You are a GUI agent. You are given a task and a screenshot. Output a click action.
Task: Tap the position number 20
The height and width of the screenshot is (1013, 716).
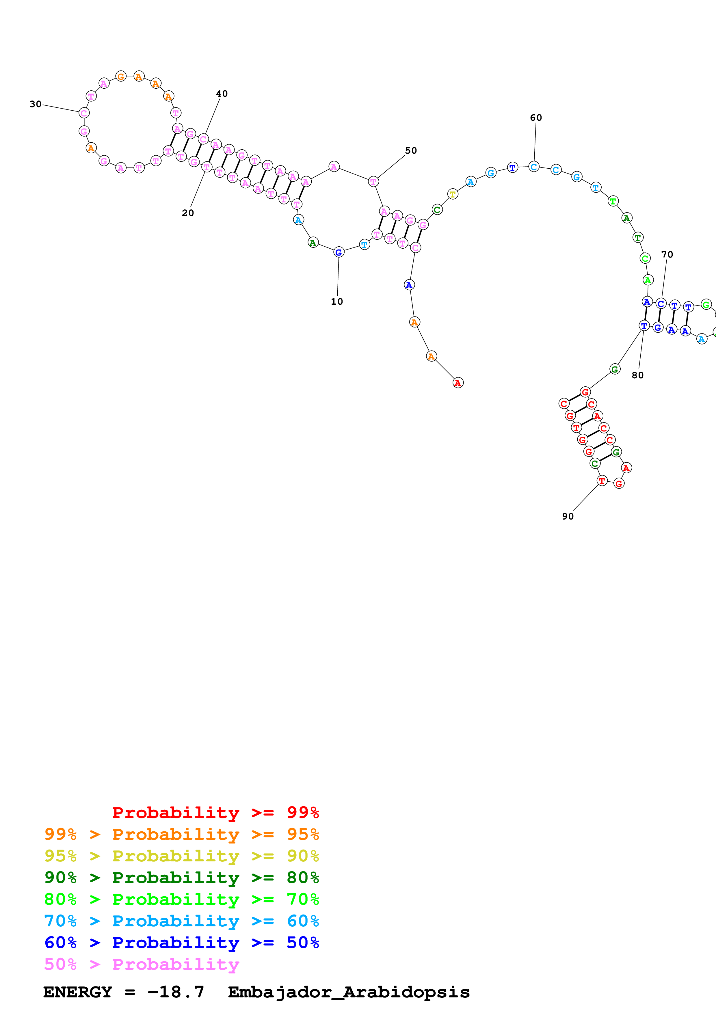tap(188, 213)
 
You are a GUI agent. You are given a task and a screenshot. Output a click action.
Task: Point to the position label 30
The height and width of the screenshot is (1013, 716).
tap(35, 104)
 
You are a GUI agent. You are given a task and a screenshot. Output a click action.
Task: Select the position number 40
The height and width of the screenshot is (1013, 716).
tap(222, 94)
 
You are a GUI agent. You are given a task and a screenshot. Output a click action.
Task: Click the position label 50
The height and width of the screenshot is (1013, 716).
tap(411, 150)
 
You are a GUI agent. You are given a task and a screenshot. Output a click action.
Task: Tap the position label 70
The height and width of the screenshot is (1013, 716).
tap(667, 255)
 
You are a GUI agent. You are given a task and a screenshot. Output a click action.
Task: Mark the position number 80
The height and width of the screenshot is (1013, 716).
tap(637, 375)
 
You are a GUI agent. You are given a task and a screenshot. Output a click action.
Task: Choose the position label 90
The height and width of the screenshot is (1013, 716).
tap(568, 516)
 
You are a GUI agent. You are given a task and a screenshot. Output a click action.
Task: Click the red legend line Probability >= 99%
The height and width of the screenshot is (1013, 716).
tap(215, 812)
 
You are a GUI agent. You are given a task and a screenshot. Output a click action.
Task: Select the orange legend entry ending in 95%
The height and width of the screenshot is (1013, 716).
tap(181, 834)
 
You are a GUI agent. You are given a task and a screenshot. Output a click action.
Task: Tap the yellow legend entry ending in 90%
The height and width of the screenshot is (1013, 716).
tap(181, 856)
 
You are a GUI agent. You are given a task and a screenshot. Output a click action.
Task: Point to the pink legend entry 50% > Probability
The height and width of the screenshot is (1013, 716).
tap(142, 964)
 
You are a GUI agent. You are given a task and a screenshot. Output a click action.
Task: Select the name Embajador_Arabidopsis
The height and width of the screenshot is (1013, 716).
tap(349, 992)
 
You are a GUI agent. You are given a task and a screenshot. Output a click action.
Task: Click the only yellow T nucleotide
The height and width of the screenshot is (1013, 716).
tap(453, 194)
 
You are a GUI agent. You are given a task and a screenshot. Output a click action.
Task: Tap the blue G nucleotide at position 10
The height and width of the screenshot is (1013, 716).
tap(339, 252)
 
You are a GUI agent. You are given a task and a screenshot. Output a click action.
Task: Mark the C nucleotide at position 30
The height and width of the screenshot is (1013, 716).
tap(84, 113)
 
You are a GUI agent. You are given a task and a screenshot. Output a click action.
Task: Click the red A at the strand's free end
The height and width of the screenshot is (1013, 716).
tap(458, 383)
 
